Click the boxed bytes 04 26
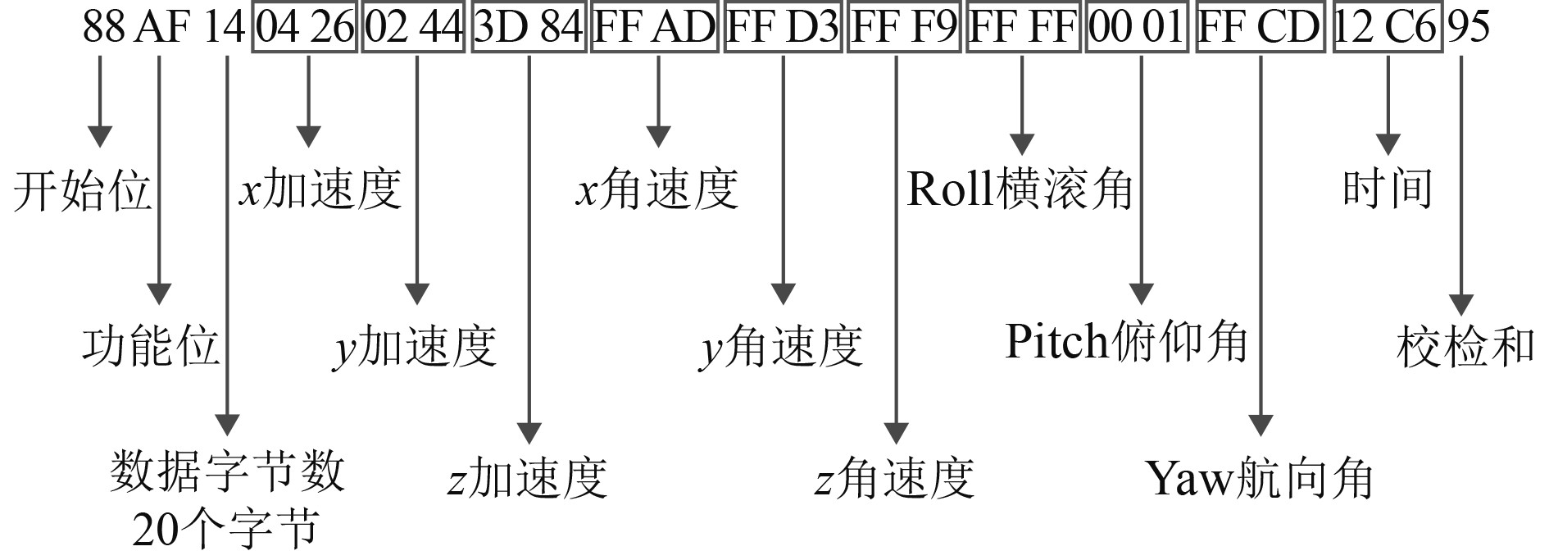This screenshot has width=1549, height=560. (305, 29)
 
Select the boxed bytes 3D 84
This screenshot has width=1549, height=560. (529, 29)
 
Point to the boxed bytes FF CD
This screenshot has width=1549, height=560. (1259, 29)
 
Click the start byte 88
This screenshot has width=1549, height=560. (103, 29)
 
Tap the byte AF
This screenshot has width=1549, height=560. (161, 29)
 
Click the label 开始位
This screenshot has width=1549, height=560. (82, 191)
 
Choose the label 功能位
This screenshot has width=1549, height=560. (151, 344)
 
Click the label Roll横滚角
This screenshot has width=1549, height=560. (1020, 189)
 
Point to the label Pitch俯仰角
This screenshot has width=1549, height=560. (1125, 341)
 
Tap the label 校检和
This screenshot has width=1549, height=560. (1465, 345)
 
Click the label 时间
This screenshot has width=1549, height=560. (1387, 189)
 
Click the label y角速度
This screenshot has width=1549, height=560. (781, 345)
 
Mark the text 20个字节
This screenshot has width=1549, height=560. (225, 530)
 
